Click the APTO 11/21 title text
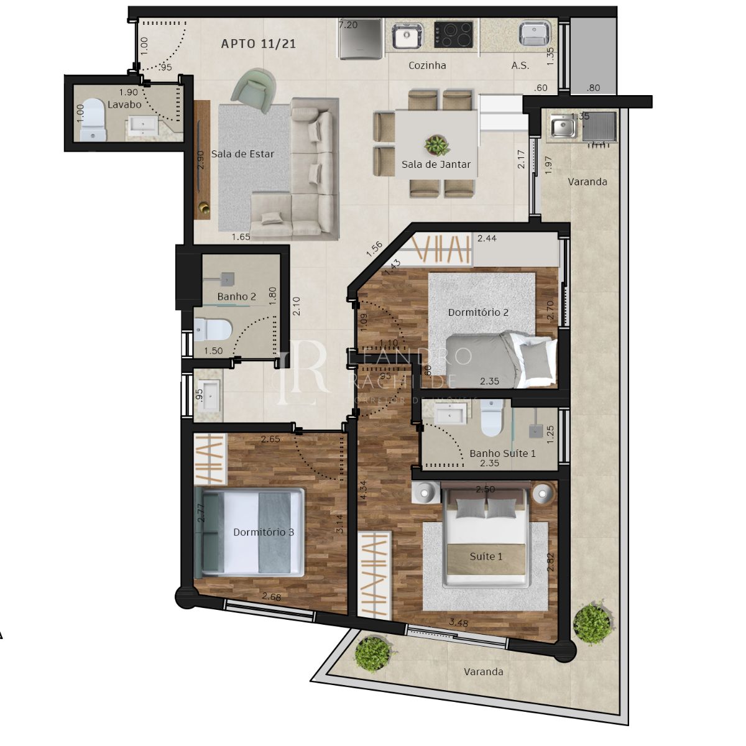click(259, 44)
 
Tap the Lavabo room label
click(124, 104)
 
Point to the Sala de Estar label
click(242, 154)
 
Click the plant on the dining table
click(436, 146)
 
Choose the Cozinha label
click(427, 65)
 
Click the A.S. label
click(520, 65)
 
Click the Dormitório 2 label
click(478, 312)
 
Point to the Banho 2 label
click(236, 297)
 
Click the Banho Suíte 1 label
click(502, 453)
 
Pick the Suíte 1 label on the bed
click(486, 556)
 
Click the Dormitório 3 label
click(264, 532)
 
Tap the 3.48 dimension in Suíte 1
click(458, 622)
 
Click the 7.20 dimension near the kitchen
click(348, 25)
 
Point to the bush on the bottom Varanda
click(373, 653)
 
